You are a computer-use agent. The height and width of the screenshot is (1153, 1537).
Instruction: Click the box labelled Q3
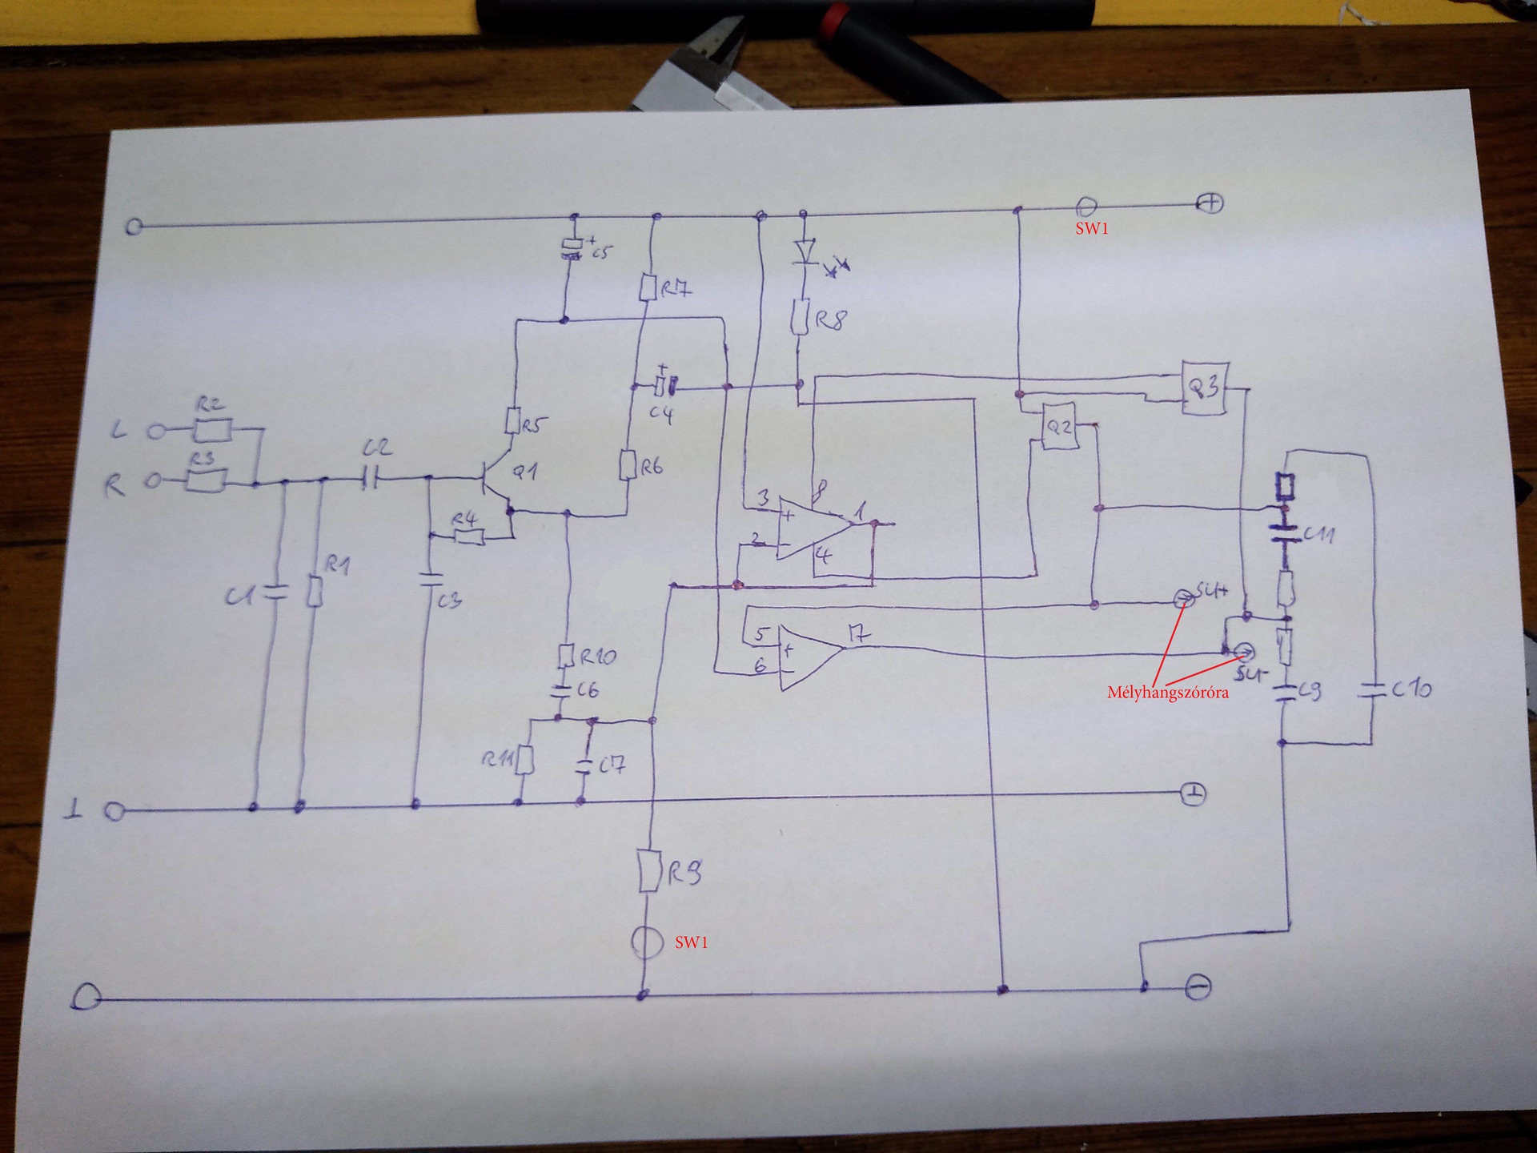pos(1204,388)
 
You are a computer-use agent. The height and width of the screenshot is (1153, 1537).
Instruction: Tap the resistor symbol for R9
pos(648,872)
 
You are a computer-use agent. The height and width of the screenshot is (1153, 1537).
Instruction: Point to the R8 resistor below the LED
pos(799,319)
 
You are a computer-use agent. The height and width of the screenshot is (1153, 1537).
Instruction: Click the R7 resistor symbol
pos(648,287)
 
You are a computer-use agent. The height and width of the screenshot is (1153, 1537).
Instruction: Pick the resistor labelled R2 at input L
pos(212,430)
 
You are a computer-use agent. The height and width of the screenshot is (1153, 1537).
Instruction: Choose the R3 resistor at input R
pos(206,480)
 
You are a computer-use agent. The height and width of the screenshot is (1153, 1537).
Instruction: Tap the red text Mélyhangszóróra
pos(1167,693)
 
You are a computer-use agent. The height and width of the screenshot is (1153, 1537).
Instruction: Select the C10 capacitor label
pos(1411,688)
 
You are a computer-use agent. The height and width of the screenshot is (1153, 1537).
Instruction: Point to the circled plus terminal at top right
pos(1210,203)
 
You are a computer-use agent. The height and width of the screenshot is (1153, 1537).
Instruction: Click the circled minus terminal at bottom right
pos(1198,988)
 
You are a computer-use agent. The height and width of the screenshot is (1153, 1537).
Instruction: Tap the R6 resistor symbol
pos(627,464)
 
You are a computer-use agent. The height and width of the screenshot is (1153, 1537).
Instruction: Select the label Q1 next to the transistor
pos(524,472)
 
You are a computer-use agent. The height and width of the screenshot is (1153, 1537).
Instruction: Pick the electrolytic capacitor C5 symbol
pos(571,249)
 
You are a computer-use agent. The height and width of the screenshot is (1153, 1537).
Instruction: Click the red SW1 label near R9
pos(691,942)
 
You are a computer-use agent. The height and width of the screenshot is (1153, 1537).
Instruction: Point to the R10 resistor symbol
pos(567,656)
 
